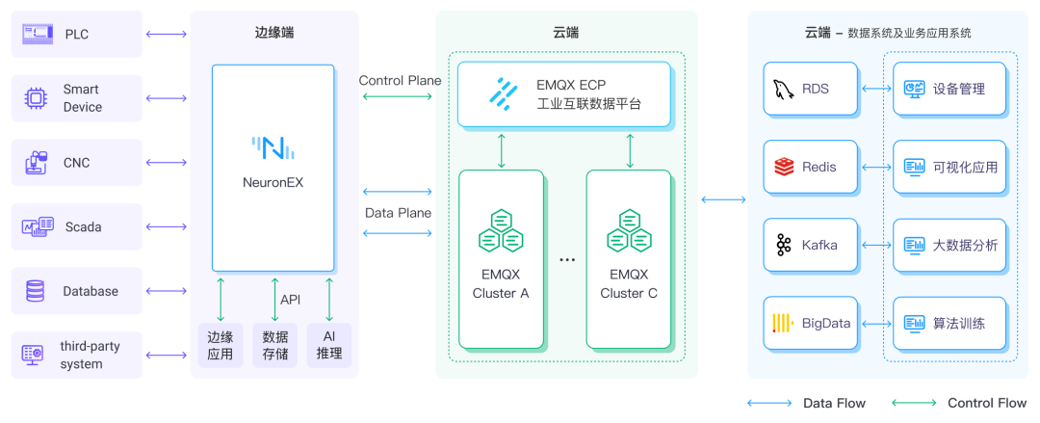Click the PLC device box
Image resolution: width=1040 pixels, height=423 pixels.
tap(77, 35)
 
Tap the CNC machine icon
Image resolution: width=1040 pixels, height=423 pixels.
tap(36, 163)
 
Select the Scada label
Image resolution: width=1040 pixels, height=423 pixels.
tap(83, 227)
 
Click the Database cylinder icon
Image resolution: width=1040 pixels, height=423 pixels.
tap(36, 291)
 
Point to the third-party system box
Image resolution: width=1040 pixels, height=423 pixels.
tap(77, 355)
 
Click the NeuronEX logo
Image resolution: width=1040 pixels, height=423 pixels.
tap(273, 148)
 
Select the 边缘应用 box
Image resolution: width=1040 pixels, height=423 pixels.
tap(221, 345)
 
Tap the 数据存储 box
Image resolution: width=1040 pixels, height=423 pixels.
tap(275, 345)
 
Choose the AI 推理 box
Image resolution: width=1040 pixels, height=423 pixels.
tap(329, 345)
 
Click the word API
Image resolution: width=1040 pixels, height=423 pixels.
tap(290, 300)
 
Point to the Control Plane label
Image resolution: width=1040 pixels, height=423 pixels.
tap(400, 80)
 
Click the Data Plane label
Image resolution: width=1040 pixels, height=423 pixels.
tap(398, 212)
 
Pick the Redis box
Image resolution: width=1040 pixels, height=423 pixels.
tap(807, 167)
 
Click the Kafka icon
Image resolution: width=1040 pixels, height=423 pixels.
tap(782, 245)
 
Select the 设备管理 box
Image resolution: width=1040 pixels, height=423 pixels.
tap(949, 89)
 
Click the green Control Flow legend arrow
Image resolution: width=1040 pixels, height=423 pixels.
tap(913, 403)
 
